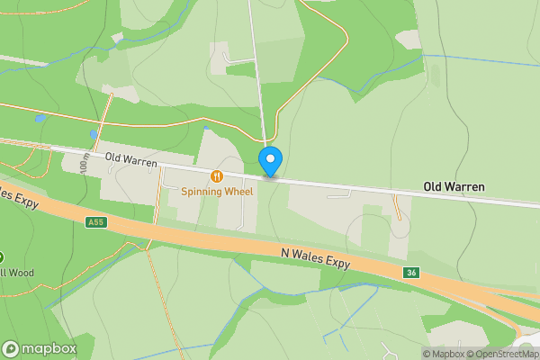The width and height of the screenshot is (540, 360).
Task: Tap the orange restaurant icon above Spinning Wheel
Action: tap(217, 175)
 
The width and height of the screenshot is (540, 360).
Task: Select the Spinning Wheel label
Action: tap(217, 191)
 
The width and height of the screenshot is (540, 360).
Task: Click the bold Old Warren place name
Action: tap(454, 187)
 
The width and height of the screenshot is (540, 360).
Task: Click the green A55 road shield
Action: tap(95, 222)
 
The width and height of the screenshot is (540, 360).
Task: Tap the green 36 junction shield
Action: tap(411, 272)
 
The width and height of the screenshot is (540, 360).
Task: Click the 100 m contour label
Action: tap(85, 163)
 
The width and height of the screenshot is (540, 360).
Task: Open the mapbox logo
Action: tap(39, 348)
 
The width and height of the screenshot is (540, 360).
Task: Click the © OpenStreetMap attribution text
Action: tap(502, 354)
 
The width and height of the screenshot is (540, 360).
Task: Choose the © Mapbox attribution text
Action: tap(443, 354)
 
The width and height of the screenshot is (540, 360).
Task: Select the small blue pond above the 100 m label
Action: tap(93, 135)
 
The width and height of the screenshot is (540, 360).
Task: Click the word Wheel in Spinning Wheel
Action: tap(236, 191)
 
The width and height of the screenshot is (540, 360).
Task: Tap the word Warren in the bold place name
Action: tap(465, 187)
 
